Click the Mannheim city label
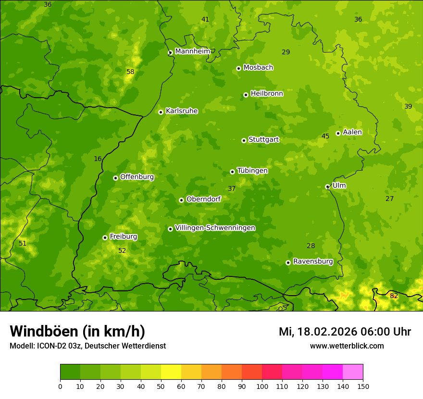(192, 51)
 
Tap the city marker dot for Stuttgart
(244, 140)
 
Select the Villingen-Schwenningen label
(215, 228)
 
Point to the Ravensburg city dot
(288, 262)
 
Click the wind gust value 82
(394, 296)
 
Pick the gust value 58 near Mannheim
(130, 72)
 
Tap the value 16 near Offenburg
(98, 159)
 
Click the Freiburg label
(123, 237)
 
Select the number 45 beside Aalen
(325, 136)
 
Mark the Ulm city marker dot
(327, 187)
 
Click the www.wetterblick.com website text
(347, 346)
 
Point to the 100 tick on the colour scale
(262, 386)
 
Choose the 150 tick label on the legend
(363, 386)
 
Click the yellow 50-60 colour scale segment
(171, 372)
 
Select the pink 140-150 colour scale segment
(353, 372)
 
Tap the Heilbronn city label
(267, 94)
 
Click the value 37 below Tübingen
(232, 188)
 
